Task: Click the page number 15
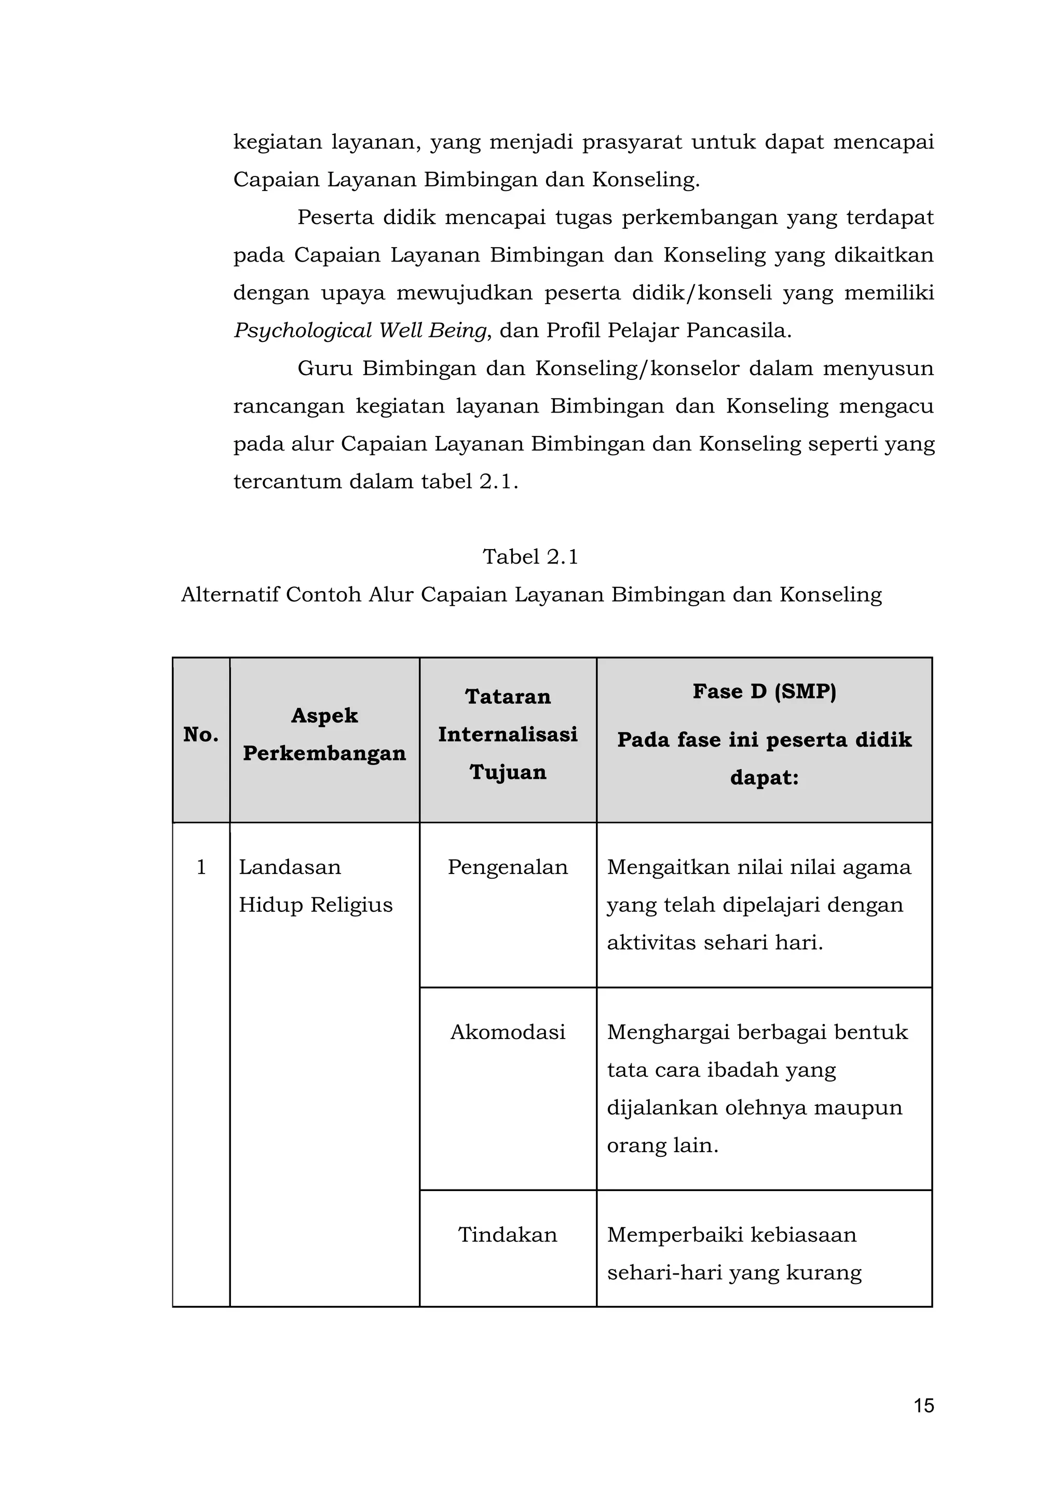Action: pos(923,1405)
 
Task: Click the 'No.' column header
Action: pos(201,734)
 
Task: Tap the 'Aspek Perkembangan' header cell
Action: pos(324,734)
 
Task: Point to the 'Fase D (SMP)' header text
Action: pos(764,691)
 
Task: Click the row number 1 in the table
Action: pos(201,867)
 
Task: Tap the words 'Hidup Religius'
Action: pos(316,905)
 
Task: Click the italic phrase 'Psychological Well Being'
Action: pos(360,331)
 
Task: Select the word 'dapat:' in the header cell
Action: pos(764,778)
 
